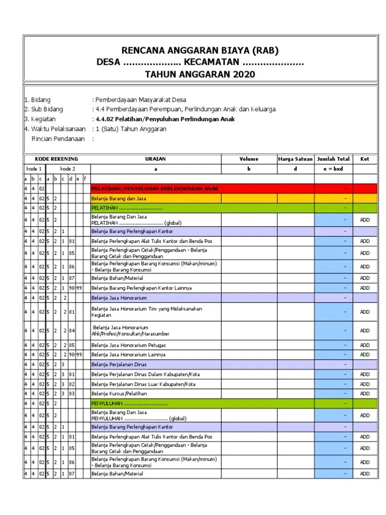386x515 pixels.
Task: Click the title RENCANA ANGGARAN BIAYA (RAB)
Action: [x=200, y=50]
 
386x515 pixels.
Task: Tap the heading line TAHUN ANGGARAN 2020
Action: [x=200, y=74]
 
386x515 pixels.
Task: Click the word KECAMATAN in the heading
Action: [x=211, y=62]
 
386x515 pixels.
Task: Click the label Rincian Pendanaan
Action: [x=58, y=138]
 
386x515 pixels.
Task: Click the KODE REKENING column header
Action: [x=56, y=159]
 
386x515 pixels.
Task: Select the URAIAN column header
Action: [x=155, y=159]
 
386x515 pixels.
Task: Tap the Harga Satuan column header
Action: [x=295, y=159]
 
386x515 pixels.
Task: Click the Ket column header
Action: [x=364, y=159]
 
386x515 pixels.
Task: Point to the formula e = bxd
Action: [x=333, y=169]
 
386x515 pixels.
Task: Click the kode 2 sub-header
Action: [x=67, y=169]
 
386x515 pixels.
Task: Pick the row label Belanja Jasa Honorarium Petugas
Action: [x=128, y=346]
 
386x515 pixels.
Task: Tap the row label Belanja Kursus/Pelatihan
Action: [x=115, y=393]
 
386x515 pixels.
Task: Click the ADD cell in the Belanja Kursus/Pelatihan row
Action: [x=364, y=393]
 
